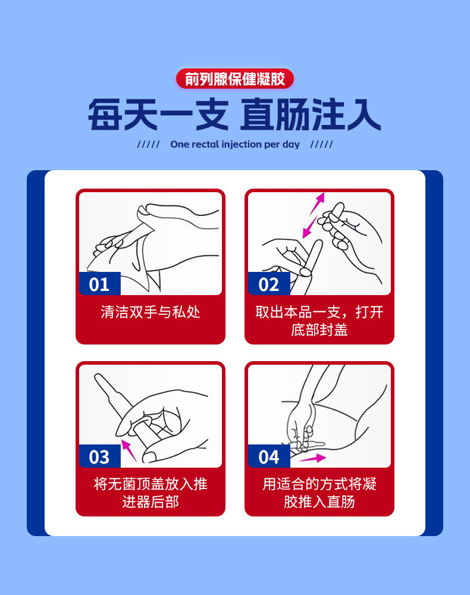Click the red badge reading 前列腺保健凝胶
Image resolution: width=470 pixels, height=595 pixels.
point(235,79)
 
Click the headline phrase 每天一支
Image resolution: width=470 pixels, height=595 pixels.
point(158,115)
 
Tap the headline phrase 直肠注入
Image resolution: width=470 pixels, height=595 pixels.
point(311,115)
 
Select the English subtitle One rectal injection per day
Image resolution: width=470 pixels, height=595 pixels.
point(235,145)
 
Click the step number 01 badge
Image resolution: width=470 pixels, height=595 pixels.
point(99,283)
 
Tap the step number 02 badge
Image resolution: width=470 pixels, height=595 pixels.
point(268,283)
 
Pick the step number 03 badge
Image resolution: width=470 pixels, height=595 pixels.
point(99,456)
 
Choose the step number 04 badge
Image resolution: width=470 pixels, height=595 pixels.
point(268,456)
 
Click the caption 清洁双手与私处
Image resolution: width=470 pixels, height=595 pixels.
point(150,312)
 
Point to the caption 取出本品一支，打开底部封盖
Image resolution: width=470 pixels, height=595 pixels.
point(319,321)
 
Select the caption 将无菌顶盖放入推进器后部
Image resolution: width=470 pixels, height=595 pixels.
point(150,493)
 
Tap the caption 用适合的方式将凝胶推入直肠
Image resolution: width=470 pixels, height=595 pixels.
point(319,493)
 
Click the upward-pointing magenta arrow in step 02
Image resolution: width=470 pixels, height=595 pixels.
point(318,203)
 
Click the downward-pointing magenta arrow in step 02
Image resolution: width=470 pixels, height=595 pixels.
point(310,227)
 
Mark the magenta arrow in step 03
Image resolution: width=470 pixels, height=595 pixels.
point(129,450)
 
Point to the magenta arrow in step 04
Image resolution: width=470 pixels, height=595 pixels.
point(313,458)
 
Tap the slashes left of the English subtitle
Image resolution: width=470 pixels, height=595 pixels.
point(148,145)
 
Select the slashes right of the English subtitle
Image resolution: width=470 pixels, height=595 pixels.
point(321,145)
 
